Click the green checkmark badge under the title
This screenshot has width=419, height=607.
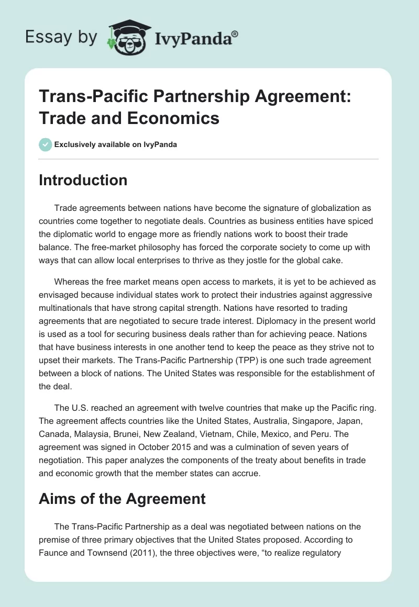[x=45, y=144]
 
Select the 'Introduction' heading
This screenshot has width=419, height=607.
[x=83, y=180]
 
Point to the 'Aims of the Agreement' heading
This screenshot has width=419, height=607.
[x=122, y=499]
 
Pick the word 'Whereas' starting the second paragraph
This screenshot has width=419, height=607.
[x=72, y=282]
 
